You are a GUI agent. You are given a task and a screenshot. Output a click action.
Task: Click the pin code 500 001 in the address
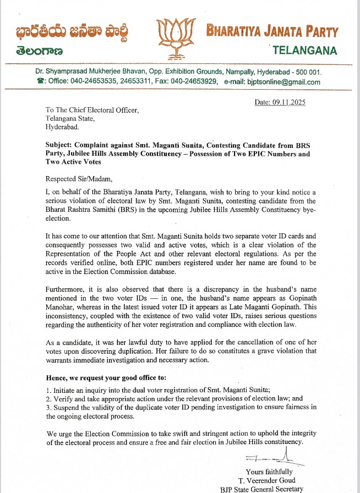[x=308, y=72]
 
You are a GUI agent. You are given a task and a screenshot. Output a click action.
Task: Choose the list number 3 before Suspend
[x=48, y=407]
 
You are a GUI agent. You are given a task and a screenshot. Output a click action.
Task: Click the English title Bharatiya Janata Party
[x=272, y=31]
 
